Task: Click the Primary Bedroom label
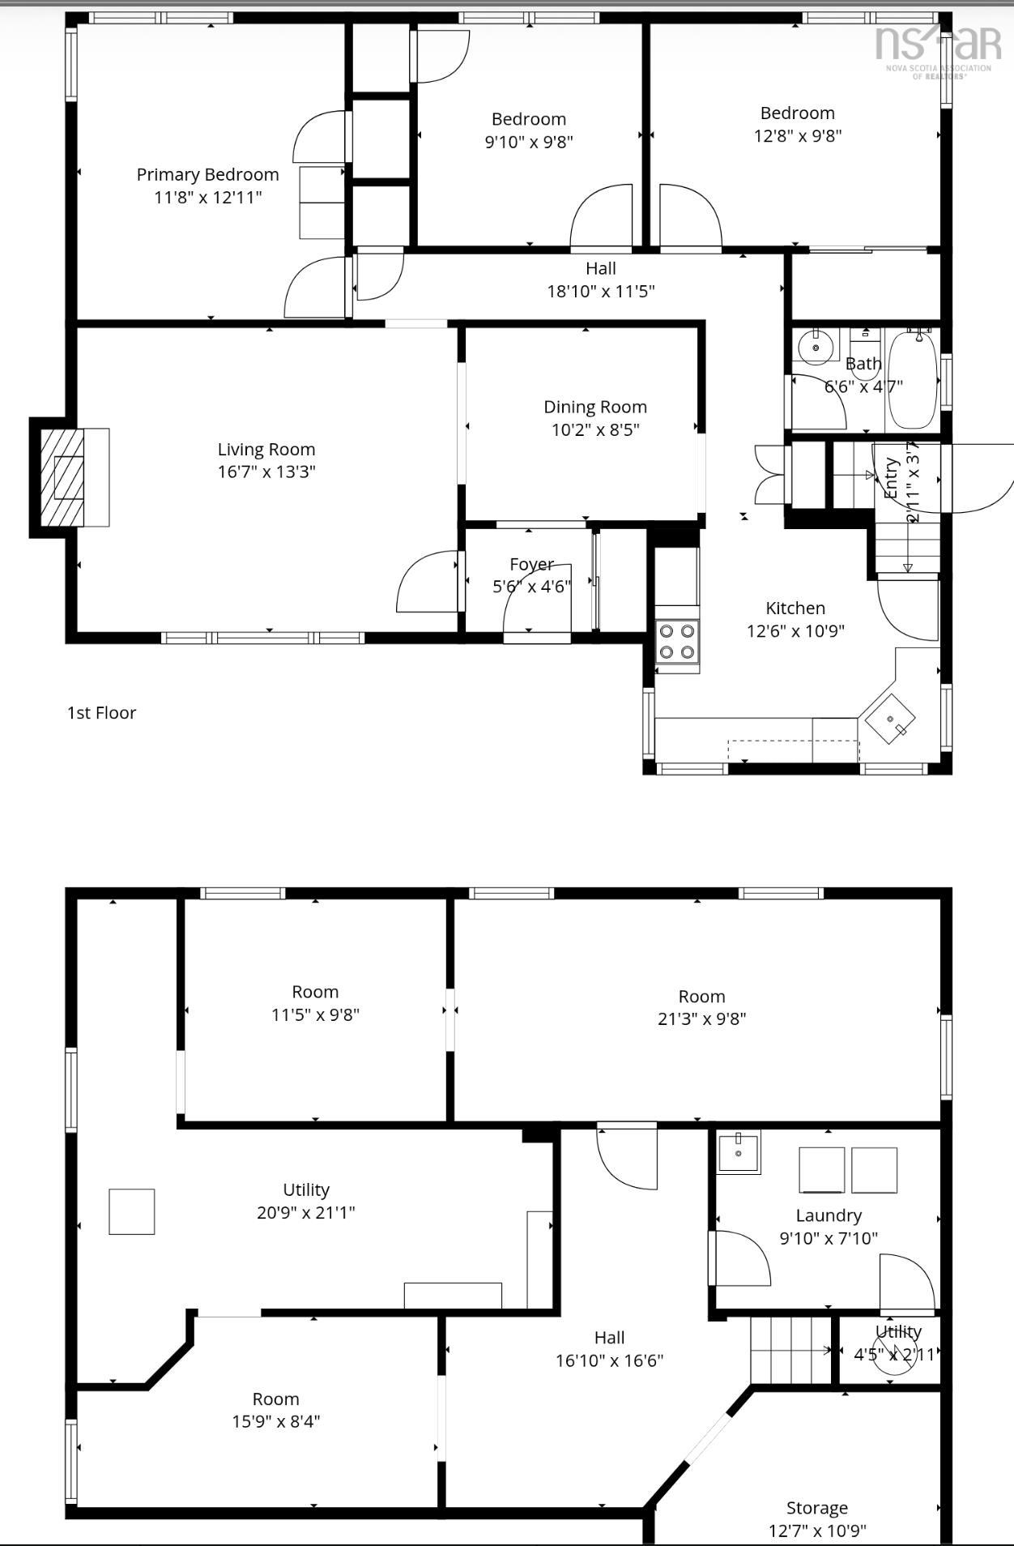click(x=207, y=174)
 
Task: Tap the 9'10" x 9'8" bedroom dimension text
click(x=529, y=142)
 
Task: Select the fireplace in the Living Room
click(x=70, y=477)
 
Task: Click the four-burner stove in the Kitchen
click(x=677, y=641)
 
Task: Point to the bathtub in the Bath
click(x=913, y=381)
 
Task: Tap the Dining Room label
click(x=595, y=407)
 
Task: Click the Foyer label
click(x=531, y=564)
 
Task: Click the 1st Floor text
click(x=101, y=713)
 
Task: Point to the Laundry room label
click(x=829, y=1215)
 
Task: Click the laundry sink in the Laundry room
click(x=739, y=1152)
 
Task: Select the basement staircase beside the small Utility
click(x=790, y=1351)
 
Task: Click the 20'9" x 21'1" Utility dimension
click(x=306, y=1213)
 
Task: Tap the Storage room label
click(x=817, y=1508)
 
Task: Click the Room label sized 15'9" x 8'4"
click(x=275, y=1399)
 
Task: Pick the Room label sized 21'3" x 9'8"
click(x=701, y=997)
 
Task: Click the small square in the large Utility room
click(x=132, y=1211)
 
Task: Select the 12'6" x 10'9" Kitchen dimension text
click(x=795, y=631)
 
